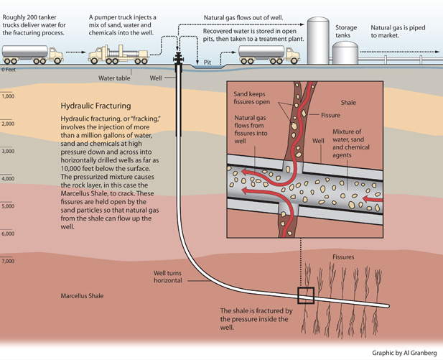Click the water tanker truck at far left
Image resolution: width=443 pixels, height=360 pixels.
pos(32,54)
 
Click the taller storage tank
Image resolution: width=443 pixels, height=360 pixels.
pos(316,40)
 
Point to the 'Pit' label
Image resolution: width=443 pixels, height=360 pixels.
pos(208,63)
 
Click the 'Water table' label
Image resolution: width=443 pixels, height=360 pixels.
pos(114,78)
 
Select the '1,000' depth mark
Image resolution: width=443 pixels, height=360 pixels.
pos(8,96)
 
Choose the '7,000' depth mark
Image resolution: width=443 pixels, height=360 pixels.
pos(8,261)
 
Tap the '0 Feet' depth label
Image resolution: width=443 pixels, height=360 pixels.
pos(9,70)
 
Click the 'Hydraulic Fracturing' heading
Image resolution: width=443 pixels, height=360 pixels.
pos(98,105)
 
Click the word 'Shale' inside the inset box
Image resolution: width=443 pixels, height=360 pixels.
pos(350,103)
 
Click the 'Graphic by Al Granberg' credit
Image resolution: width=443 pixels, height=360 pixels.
pos(404,353)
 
